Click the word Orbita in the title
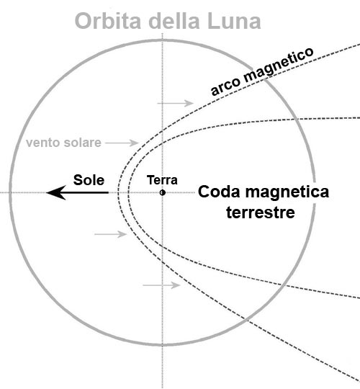point(108,21)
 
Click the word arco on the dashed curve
point(225,86)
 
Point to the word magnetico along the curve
point(279,64)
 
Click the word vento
point(43,143)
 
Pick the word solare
point(82,143)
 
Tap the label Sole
point(89,180)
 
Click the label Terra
point(162,180)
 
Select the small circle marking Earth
point(163,192)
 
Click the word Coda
point(219,192)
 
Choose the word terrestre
point(261,213)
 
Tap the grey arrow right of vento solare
point(122,143)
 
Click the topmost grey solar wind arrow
point(175,103)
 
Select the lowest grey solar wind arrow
point(161,285)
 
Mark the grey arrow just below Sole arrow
point(111,234)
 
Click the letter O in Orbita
point(83,21)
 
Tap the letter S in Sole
point(78,180)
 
